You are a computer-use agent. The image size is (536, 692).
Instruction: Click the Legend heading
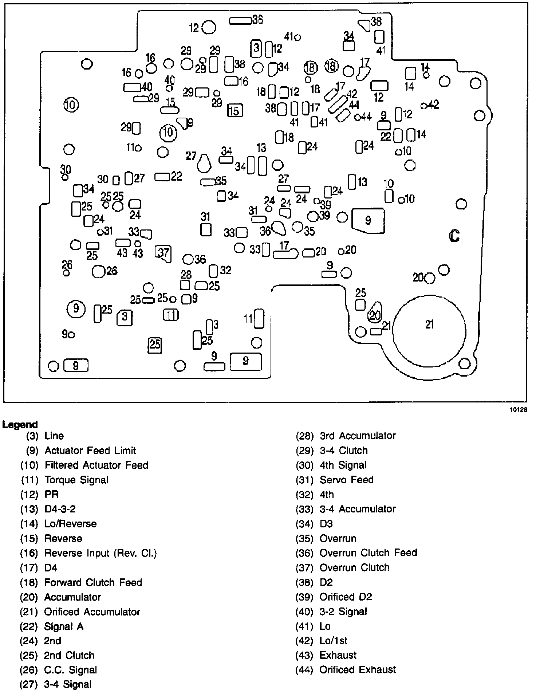point(20,424)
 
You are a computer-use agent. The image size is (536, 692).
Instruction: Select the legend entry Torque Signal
point(76,480)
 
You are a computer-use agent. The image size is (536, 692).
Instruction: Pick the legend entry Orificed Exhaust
point(358,669)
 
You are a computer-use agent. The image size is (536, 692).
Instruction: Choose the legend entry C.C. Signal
point(71,669)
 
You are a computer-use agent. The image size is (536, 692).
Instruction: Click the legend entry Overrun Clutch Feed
point(368,553)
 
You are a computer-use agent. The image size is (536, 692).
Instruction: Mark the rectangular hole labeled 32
point(213,271)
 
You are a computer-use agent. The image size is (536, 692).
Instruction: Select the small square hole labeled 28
point(185,284)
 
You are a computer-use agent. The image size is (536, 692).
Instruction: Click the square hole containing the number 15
point(234,110)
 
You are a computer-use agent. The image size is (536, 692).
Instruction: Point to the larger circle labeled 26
point(98,271)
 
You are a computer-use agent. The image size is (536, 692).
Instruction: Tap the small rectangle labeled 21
point(376,331)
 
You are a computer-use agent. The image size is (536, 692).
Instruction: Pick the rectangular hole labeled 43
point(123,243)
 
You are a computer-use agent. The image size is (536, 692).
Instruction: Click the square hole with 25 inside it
point(155,344)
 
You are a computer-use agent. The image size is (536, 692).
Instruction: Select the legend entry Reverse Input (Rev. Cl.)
point(100,553)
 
